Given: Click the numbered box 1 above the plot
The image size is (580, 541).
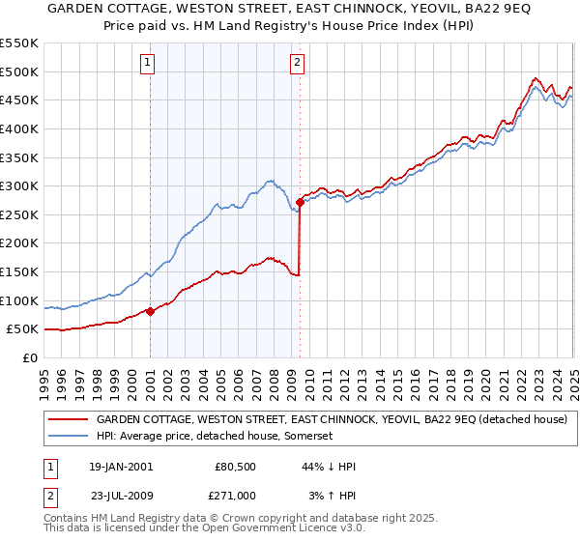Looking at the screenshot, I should (x=150, y=64).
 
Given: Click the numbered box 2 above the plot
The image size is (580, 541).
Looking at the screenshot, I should (x=296, y=64).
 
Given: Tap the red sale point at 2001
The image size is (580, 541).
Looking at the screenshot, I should (x=151, y=311).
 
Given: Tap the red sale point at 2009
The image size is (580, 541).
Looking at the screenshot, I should (x=301, y=203).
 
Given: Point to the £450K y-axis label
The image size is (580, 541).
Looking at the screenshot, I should (x=19, y=100).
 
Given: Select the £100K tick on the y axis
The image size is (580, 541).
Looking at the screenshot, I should (x=19, y=300).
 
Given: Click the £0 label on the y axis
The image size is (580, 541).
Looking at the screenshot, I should (x=29, y=357).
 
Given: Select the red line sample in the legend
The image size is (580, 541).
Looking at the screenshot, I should (x=68, y=419).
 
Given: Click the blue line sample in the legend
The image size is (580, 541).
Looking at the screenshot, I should (x=68, y=437).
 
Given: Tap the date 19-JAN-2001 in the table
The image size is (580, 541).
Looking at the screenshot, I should (x=120, y=467).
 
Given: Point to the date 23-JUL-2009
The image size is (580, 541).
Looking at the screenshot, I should (x=120, y=495).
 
